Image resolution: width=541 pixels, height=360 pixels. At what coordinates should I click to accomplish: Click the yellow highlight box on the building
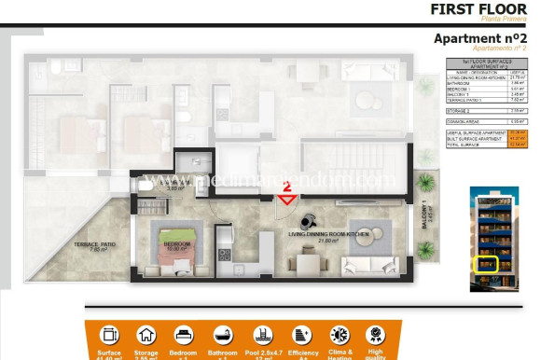(x=485, y=265)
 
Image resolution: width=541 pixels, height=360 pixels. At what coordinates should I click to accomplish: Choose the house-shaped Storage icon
(x=146, y=334)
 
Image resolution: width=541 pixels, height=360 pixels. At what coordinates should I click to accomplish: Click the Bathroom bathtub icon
(x=223, y=334)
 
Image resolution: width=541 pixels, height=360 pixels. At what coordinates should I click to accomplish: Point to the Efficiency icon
(x=300, y=334)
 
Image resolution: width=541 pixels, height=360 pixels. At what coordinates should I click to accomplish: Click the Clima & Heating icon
(x=340, y=334)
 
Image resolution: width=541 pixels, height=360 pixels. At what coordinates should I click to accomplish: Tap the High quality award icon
(x=375, y=334)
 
